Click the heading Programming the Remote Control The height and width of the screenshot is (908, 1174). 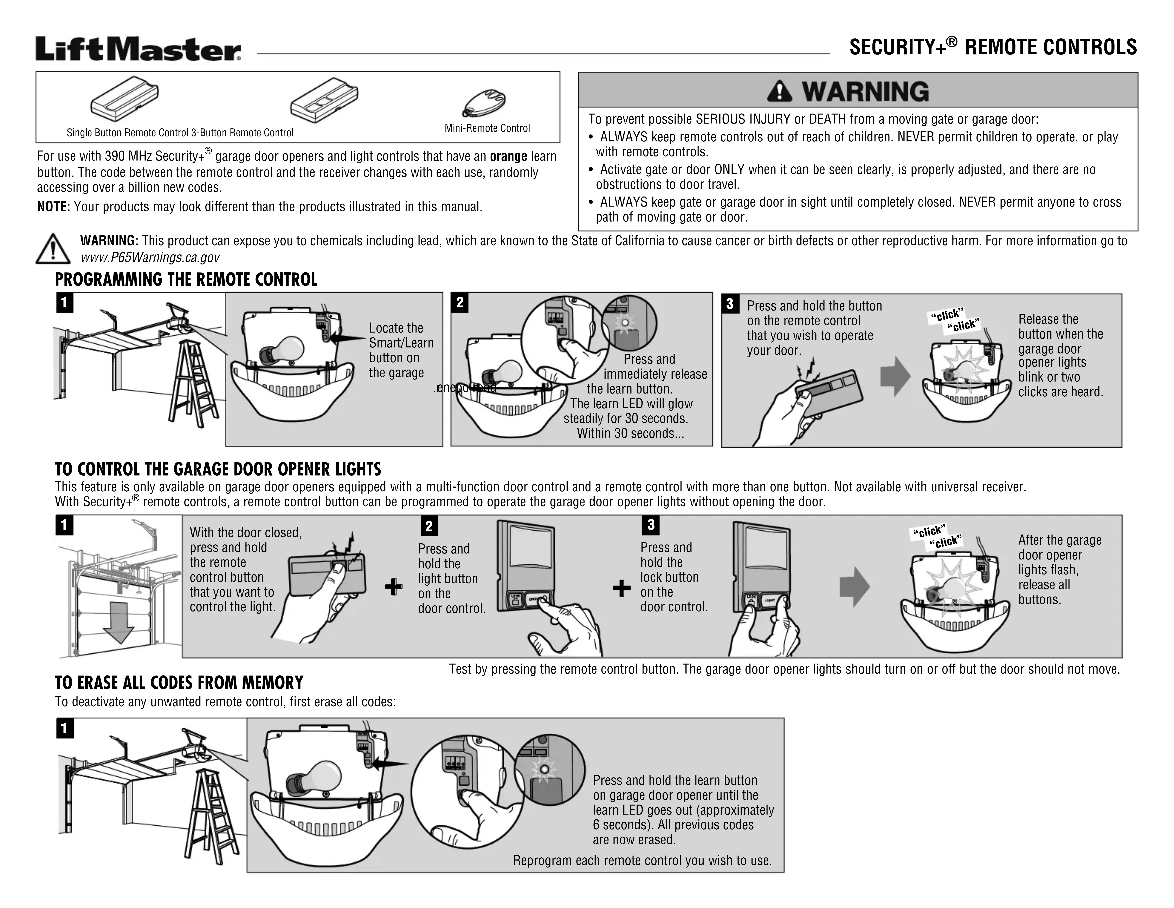coord(186,280)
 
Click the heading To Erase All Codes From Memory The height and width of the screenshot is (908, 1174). coord(179,683)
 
